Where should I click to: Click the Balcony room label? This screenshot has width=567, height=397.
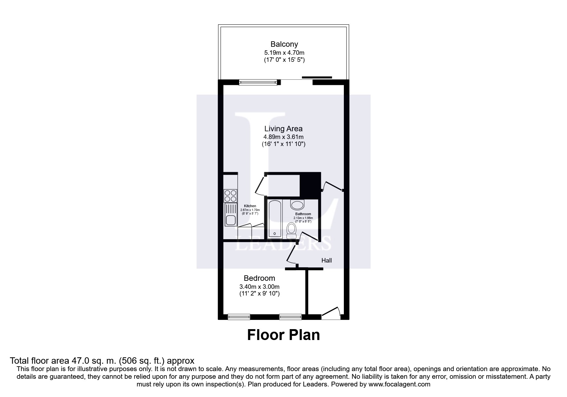(x=284, y=44)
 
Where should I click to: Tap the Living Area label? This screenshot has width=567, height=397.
(x=283, y=129)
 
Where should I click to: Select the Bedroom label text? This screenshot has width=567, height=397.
(x=259, y=278)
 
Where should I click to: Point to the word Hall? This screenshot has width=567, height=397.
(x=327, y=261)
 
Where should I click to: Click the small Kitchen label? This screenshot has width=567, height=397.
(x=250, y=206)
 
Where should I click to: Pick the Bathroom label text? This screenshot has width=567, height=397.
(x=303, y=214)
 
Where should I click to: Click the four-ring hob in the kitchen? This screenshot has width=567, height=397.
(x=231, y=196)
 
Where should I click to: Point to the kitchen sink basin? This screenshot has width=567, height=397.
(x=231, y=220)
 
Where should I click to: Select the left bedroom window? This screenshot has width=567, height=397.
(x=239, y=317)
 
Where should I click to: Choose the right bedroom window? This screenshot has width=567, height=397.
(x=290, y=317)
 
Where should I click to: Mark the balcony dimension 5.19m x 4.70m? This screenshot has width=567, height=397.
(x=284, y=53)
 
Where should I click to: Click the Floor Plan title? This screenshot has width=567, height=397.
(x=283, y=335)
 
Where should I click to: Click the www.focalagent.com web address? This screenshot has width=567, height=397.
(x=399, y=384)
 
